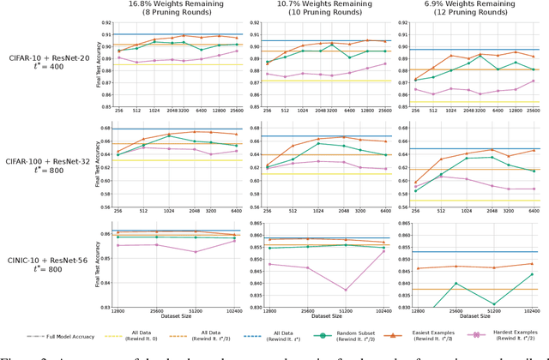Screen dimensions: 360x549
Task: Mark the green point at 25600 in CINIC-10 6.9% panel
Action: pos(455,284)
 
